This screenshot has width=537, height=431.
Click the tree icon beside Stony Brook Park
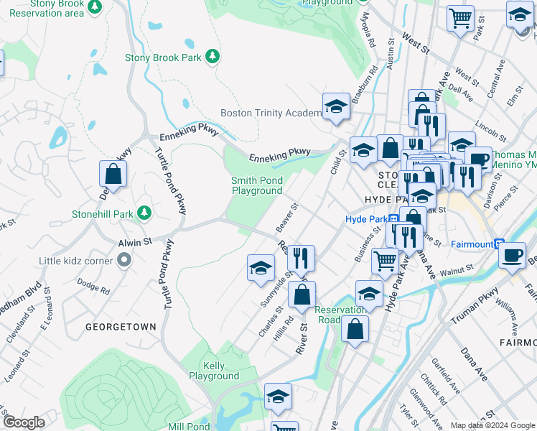[212, 57]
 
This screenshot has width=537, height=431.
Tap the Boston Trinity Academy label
[271, 113]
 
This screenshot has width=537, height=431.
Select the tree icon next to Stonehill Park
[144, 213]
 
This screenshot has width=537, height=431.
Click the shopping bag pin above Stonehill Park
[113, 174]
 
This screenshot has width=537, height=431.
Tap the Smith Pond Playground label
[256, 185]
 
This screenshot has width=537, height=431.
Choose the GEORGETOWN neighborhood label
[121, 326]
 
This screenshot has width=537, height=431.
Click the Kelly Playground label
[213, 371]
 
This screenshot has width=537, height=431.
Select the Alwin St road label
[135, 243]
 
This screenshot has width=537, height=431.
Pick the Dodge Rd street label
[95, 290]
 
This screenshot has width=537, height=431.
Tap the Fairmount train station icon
[500, 244]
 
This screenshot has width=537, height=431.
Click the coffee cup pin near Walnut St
[512, 256]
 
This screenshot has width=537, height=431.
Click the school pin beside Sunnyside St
[261, 269]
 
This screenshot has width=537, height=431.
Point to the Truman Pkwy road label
[474, 303]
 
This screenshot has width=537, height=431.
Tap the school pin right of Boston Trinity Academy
[335, 107]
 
